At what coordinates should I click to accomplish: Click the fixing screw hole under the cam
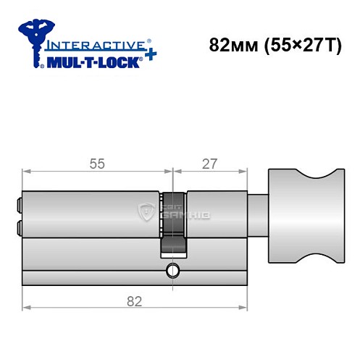click(x=172, y=271)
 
